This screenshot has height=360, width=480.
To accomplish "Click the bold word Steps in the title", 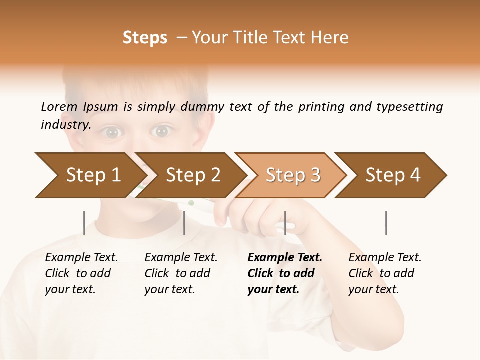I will coord(145,38).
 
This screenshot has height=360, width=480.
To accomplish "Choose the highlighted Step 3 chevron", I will coord(292,175).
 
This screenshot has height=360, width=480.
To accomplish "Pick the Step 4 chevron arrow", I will coord(393,175).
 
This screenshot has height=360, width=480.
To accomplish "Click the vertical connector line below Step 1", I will coord(84,223).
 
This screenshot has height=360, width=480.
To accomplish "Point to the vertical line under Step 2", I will coord(184,223).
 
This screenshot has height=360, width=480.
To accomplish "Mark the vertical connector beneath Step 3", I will coord(285,223).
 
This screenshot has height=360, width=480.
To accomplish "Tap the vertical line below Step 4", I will coord(386,223).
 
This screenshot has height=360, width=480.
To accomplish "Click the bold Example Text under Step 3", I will coord(285,258).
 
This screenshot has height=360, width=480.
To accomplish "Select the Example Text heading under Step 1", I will coord(81,258).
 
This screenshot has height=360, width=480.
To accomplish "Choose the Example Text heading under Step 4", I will coord(385,258).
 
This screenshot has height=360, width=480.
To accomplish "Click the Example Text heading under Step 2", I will coord(181,258).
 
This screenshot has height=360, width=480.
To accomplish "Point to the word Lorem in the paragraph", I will coord(59,106).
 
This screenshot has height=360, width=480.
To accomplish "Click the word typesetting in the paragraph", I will coord(409,106).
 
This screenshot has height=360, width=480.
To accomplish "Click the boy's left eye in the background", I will coord(112,132).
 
